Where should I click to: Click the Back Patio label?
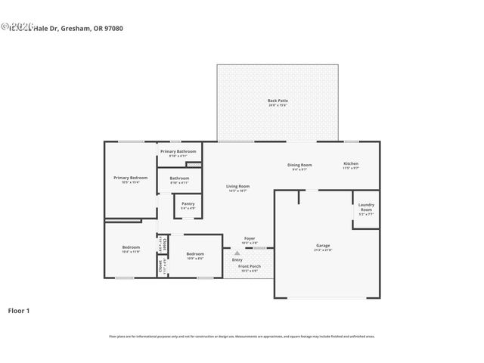click(278, 101)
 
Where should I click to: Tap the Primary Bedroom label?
click(130, 178)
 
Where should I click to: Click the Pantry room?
click(188, 205)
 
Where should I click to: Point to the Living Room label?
click(238, 186)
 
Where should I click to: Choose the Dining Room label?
click(299, 165)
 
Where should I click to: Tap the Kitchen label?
click(351, 163)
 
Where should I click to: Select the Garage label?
click(323, 245)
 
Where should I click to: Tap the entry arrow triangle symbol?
click(237, 253)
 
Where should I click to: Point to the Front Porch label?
click(250, 266)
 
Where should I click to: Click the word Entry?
click(237, 260)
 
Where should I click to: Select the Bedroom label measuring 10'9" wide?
click(195, 254)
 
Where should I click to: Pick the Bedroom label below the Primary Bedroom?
click(131, 247)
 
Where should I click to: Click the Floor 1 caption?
click(19, 310)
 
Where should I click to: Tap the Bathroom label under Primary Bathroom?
click(179, 178)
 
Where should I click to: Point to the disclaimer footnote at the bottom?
click(242, 336)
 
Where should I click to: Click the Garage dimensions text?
click(323, 250)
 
